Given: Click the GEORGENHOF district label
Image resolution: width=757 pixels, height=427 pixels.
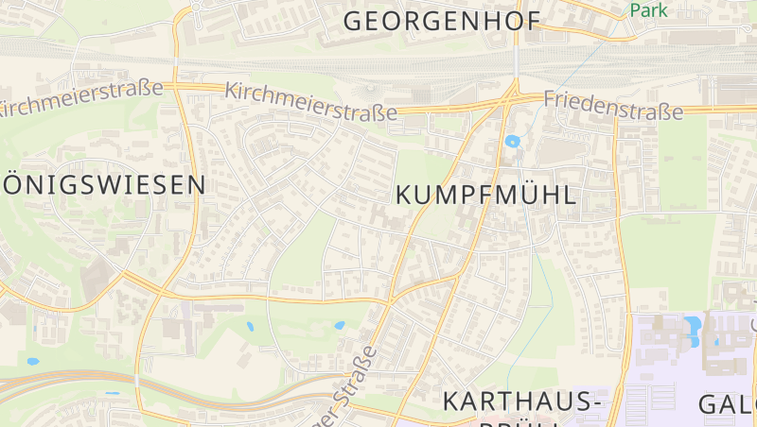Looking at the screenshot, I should click(x=441, y=21).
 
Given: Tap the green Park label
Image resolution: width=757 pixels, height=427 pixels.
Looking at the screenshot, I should click(x=648, y=10).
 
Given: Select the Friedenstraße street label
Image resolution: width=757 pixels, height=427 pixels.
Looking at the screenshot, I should click(x=613, y=106).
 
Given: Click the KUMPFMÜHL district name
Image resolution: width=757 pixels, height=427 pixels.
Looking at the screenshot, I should click(x=486, y=196).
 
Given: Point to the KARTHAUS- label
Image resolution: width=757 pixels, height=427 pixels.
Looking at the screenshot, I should click(x=523, y=401).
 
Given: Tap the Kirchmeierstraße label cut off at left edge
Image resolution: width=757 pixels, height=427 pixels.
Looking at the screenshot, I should click(x=80, y=98).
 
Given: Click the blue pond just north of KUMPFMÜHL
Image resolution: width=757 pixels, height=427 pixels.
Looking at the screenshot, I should click(x=513, y=143).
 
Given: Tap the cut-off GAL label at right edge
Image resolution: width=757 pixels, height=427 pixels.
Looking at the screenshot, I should click(x=727, y=404).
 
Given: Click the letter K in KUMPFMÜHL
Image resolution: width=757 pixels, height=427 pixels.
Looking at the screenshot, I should click(x=404, y=196).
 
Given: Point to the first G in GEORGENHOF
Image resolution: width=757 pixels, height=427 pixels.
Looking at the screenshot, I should click(x=355, y=21).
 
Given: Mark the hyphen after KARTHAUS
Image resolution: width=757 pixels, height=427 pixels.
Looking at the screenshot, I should click(x=595, y=402).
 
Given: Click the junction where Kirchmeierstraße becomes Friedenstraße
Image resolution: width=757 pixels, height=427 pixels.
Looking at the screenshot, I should click(x=512, y=96).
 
